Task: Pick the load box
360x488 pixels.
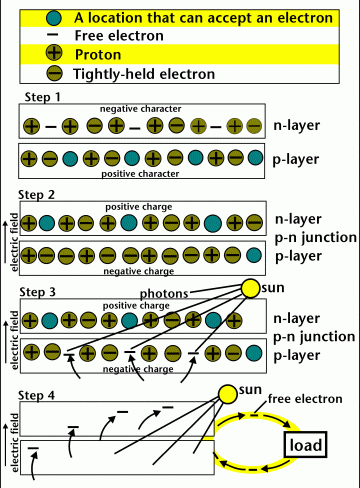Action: click(307, 444)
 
